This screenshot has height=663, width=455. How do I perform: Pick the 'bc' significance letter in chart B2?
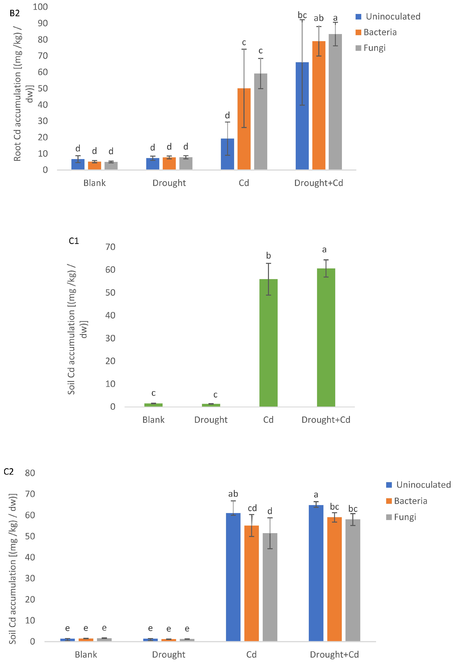(302, 15)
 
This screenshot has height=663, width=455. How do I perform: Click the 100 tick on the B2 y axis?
(40, 7)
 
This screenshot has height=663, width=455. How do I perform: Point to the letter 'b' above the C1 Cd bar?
(268, 256)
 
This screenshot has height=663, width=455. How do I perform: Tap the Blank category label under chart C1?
(153, 420)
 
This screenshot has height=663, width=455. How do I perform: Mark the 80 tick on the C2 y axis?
(30, 473)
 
